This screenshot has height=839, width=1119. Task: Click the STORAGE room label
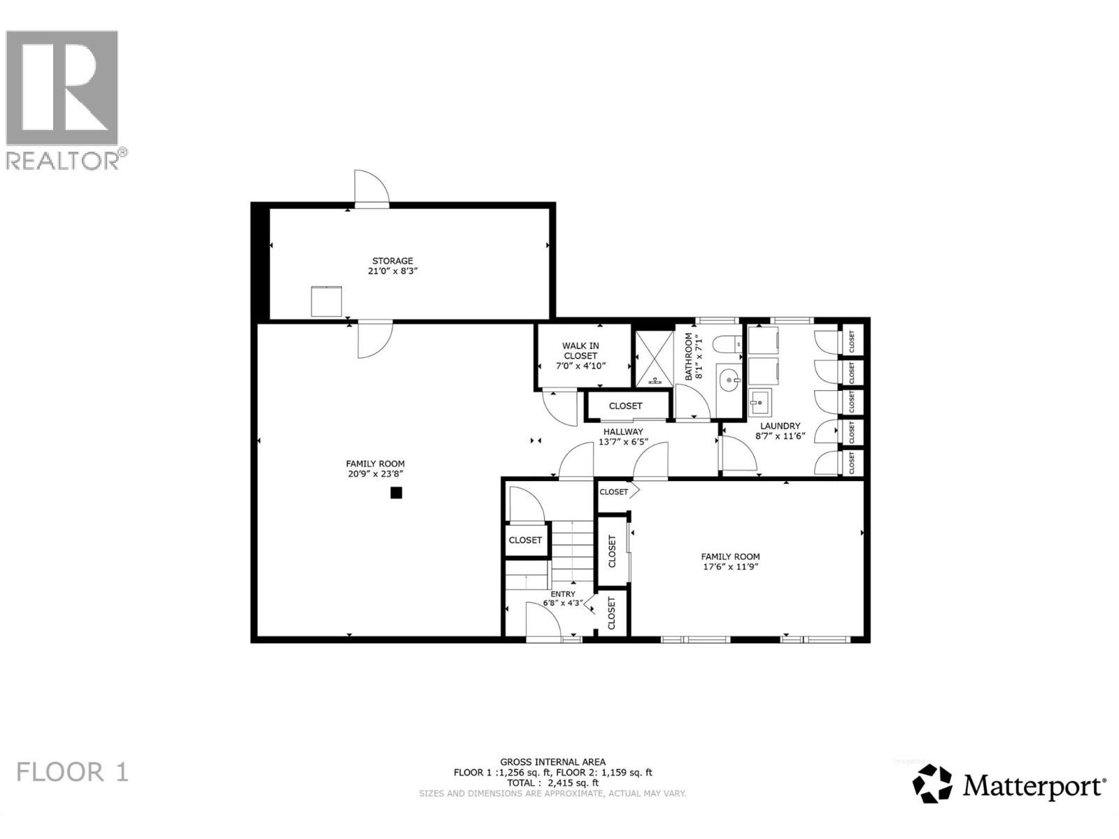click(392, 261)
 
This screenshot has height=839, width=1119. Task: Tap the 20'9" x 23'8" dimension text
click(376, 473)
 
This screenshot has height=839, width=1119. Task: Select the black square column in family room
click(396, 493)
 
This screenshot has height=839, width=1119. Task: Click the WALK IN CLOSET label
click(580, 350)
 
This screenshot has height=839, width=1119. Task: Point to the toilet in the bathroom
click(728, 343)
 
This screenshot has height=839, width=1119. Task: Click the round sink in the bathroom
click(730, 381)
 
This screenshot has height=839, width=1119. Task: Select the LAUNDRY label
click(780, 426)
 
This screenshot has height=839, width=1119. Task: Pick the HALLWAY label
click(623, 431)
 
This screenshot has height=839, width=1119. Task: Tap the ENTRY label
click(563, 594)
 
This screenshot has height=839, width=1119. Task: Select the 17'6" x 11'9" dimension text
click(731, 567)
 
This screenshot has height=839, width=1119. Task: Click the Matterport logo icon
click(933, 784)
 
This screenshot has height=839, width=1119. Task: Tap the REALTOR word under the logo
click(63, 161)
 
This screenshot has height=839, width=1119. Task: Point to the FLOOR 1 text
click(73, 773)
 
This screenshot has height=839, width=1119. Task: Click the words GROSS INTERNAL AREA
click(553, 762)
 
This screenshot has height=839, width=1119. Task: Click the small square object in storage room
click(327, 301)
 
